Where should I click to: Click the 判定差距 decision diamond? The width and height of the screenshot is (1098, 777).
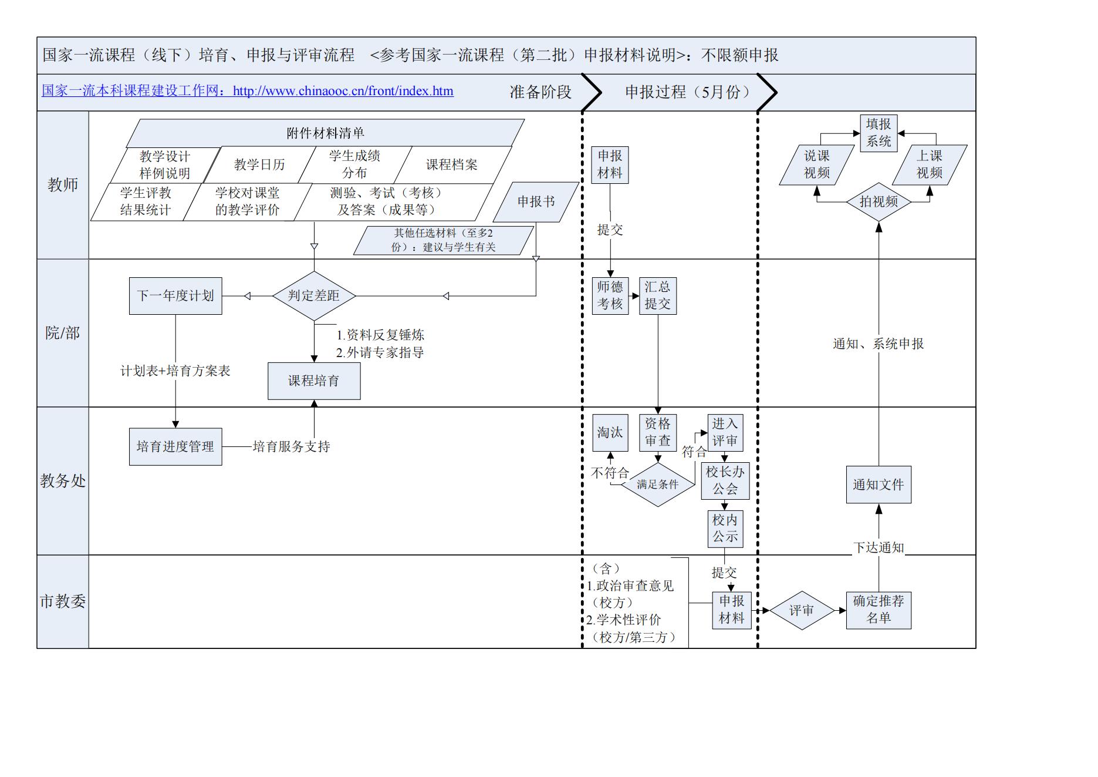pos(314,296)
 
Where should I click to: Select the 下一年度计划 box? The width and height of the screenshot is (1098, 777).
pos(175,296)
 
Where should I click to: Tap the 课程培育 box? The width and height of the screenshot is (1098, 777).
pos(314,381)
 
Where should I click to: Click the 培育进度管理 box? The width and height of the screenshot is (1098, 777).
pos(175,447)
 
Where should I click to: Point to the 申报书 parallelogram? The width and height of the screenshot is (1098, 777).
pos(536,202)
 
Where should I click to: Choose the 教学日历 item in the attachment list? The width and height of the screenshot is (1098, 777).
pos(259,165)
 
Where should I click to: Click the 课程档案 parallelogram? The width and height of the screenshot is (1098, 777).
pos(451,165)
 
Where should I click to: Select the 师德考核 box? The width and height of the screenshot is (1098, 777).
pos(610,296)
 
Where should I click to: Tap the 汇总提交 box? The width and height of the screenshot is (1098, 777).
pos(657,296)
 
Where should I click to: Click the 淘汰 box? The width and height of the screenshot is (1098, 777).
pos(610,433)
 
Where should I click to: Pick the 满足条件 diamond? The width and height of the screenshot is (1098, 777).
pos(657,485)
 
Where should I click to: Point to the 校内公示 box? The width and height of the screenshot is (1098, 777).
pos(725,529)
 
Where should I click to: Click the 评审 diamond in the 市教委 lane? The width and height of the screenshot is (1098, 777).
pos(802,611)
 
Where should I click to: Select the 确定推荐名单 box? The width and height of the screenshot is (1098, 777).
pos(879,610)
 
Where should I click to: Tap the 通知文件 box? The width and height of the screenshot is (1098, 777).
pos(879,485)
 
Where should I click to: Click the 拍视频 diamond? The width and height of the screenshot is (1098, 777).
pos(879,202)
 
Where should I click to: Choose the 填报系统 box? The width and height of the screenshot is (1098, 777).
pos(879,133)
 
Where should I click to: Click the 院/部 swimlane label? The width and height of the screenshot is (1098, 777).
pos(63,334)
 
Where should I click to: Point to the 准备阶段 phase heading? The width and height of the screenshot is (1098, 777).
pos(540,92)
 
